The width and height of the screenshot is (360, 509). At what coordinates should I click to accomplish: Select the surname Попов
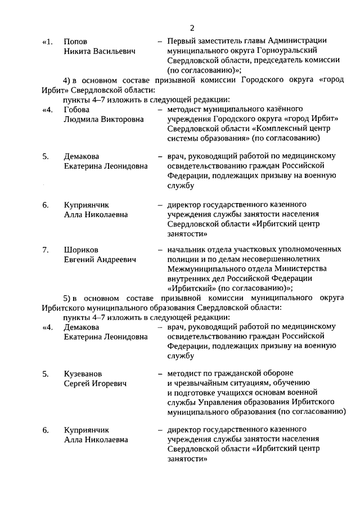point(75,42)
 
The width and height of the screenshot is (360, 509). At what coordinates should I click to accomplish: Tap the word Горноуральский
point(300,51)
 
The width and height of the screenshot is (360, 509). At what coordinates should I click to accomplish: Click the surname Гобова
point(76,109)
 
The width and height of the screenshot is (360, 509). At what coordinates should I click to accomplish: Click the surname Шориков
point(80,250)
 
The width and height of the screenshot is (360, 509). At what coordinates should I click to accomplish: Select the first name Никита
point(78,51)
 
